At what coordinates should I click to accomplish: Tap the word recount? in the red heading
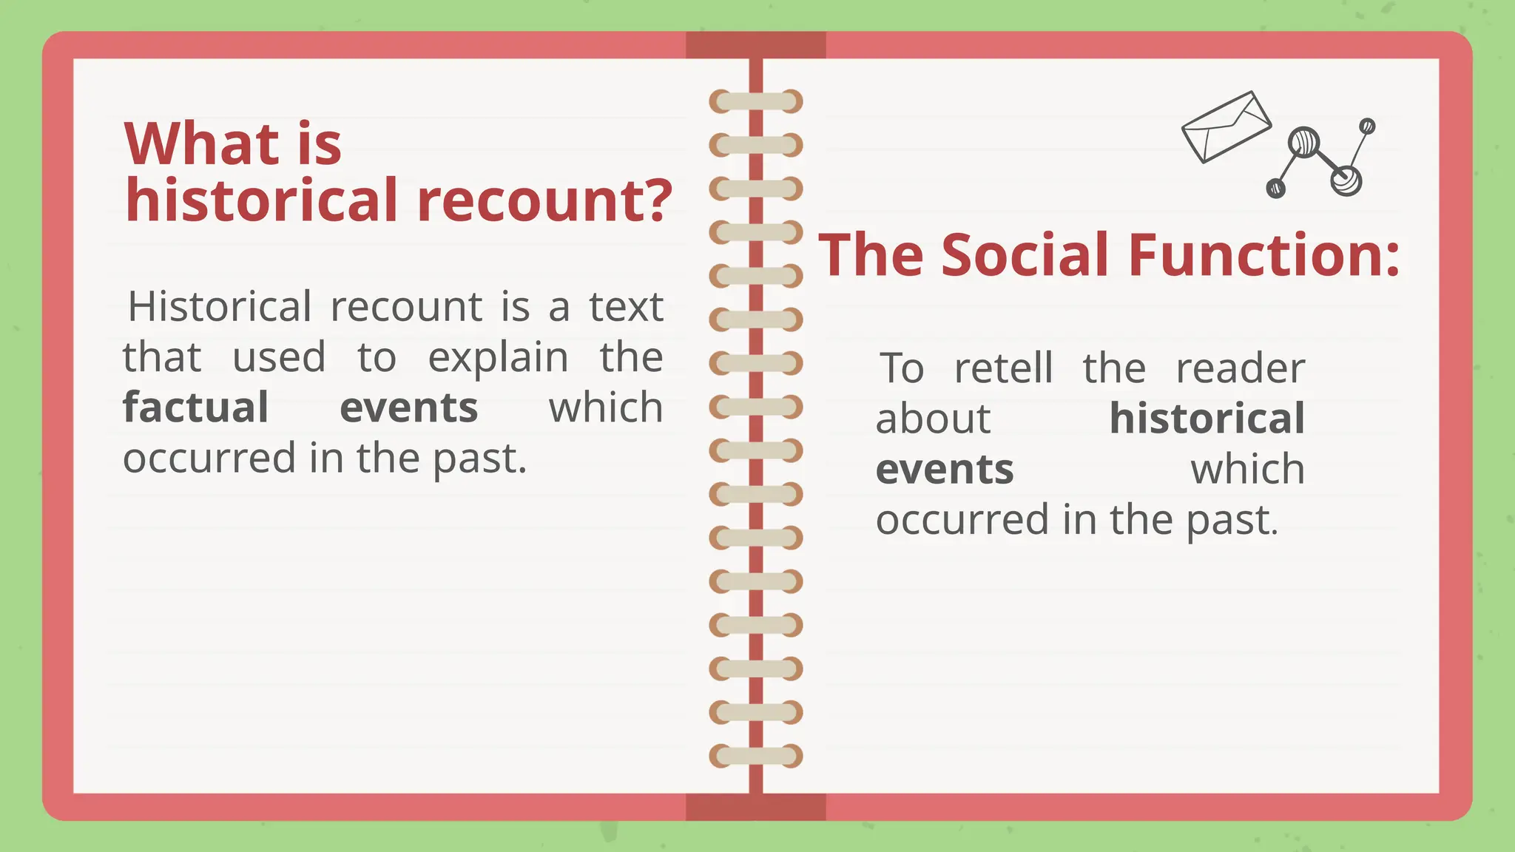[x=544, y=200]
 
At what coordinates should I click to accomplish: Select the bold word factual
[x=195, y=408]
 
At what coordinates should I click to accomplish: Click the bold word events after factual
[x=408, y=408]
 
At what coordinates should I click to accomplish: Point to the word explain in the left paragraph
[x=498, y=358]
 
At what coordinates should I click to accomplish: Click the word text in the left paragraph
[x=626, y=307]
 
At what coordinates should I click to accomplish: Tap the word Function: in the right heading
[x=1264, y=255]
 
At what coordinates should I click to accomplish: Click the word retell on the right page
[x=1003, y=368]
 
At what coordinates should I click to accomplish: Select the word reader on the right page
[x=1241, y=368]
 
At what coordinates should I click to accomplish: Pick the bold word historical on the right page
[x=1207, y=419]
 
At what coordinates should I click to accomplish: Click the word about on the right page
[x=933, y=419]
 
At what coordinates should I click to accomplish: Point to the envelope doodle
[x=1226, y=126]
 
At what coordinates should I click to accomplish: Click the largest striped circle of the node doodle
[x=1303, y=142]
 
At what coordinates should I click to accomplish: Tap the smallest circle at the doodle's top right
[x=1367, y=126]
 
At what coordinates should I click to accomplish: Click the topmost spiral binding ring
[x=755, y=101]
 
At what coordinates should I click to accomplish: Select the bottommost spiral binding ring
[x=755, y=756]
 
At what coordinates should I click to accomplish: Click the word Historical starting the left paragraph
[x=220, y=307]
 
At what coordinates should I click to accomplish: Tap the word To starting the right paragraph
[x=902, y=368]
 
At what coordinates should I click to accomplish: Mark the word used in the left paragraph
[x=279, y=358]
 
